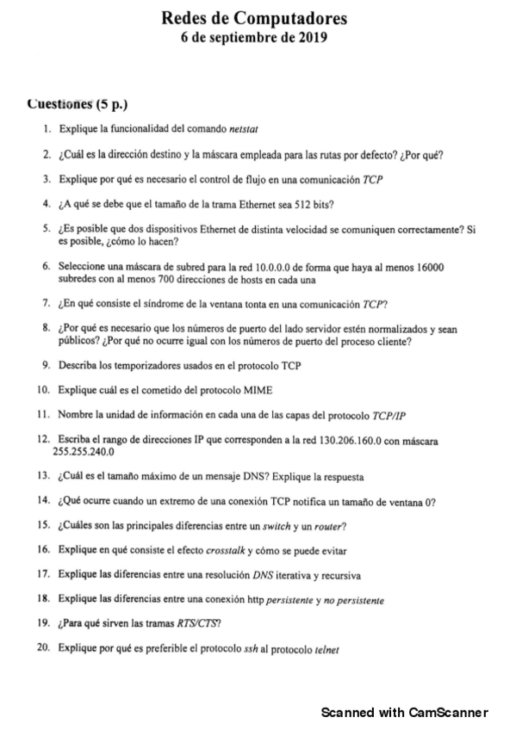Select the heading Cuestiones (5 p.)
point(78,106)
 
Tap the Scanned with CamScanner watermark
point(405,713)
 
